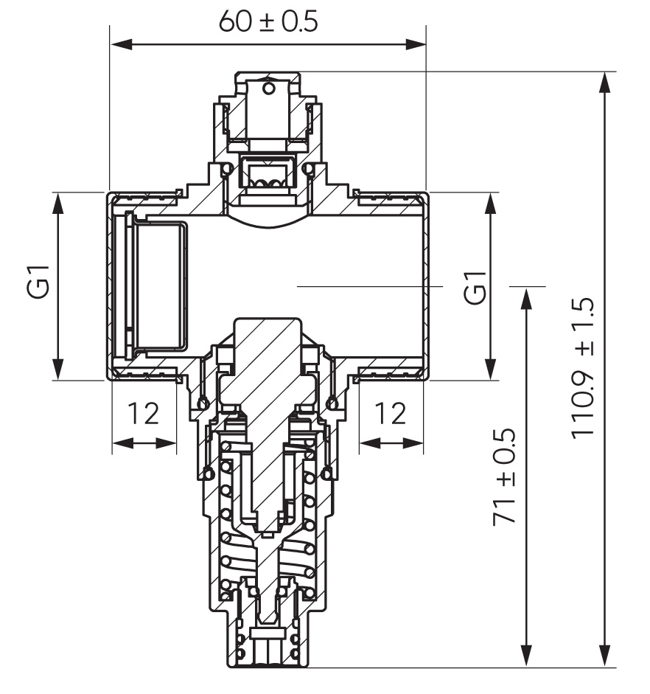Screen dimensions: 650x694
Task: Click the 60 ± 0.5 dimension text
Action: tap(268, 21)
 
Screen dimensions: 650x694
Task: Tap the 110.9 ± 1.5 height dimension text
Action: tap(582, 369)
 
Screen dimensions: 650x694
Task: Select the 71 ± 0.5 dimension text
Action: tap(504, 476)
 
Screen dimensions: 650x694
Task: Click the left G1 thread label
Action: tap(37, 281)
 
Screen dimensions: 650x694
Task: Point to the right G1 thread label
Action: tap(475, 287)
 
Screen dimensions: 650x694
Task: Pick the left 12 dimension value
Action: tap(143, 414)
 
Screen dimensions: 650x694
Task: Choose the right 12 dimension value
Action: tap(390, 414)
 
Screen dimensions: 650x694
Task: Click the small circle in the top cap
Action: tap(268, 88)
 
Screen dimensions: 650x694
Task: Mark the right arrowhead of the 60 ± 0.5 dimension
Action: tap(415, 44)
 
